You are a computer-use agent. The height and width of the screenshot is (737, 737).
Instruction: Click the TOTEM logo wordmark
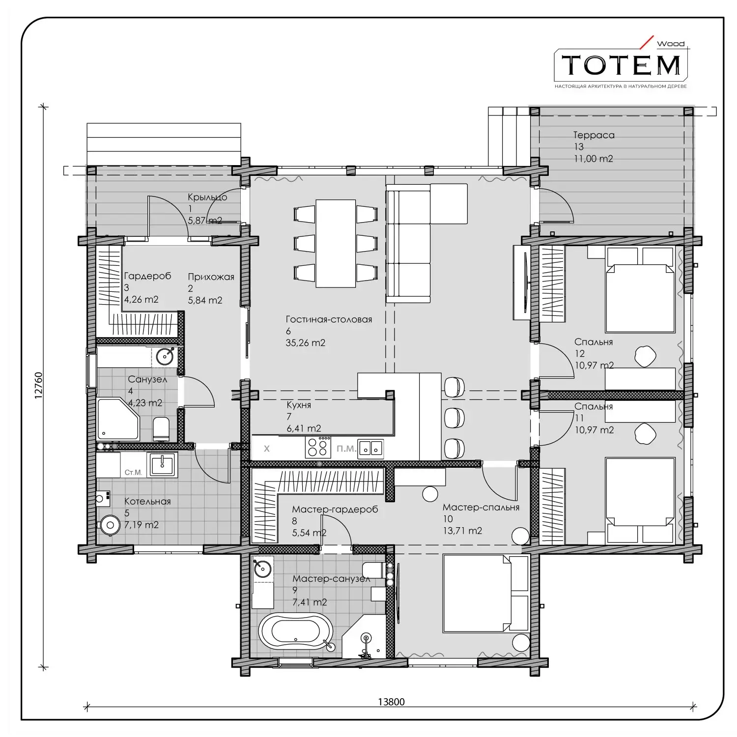click(x=621, y=65)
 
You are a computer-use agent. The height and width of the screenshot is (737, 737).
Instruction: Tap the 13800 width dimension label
click(x=391, y=702)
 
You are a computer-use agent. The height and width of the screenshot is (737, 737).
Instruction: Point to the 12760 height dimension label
click(x=38, y=385)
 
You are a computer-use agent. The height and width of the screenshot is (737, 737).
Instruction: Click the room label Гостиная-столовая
click(x=329, y=319)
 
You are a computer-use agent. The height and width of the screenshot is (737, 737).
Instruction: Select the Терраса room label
click(x=594, y=135)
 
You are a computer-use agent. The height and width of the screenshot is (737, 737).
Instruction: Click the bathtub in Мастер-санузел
click(x=296, y=631)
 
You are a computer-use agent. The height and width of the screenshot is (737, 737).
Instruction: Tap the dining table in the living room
click(x=336, y=243)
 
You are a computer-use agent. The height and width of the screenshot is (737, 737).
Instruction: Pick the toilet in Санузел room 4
click(x=161, y=429)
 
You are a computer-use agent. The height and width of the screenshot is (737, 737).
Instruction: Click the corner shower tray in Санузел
click(x=118, y=419)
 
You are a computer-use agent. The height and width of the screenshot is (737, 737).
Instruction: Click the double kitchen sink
click(x=371, y=448)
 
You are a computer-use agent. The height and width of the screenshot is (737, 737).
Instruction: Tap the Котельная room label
click(x=147, y=502)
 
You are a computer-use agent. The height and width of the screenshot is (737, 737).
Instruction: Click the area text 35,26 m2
click(x=305, y=343)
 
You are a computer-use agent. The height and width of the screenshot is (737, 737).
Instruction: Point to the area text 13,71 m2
click(x=462, y=531)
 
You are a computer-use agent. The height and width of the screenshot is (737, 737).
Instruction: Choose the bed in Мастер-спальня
click(x=486, y=593)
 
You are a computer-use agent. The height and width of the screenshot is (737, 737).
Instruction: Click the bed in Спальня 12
click(x=640, y=290)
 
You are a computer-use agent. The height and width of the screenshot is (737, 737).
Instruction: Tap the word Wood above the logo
click(x=671, y=44)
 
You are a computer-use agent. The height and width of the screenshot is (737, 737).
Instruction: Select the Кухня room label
click(x=299, y=405)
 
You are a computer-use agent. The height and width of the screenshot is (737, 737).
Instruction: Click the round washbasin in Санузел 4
click(x=165, y=356)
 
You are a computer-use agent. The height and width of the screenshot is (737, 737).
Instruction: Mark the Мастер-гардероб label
click(x=335, y=510)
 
